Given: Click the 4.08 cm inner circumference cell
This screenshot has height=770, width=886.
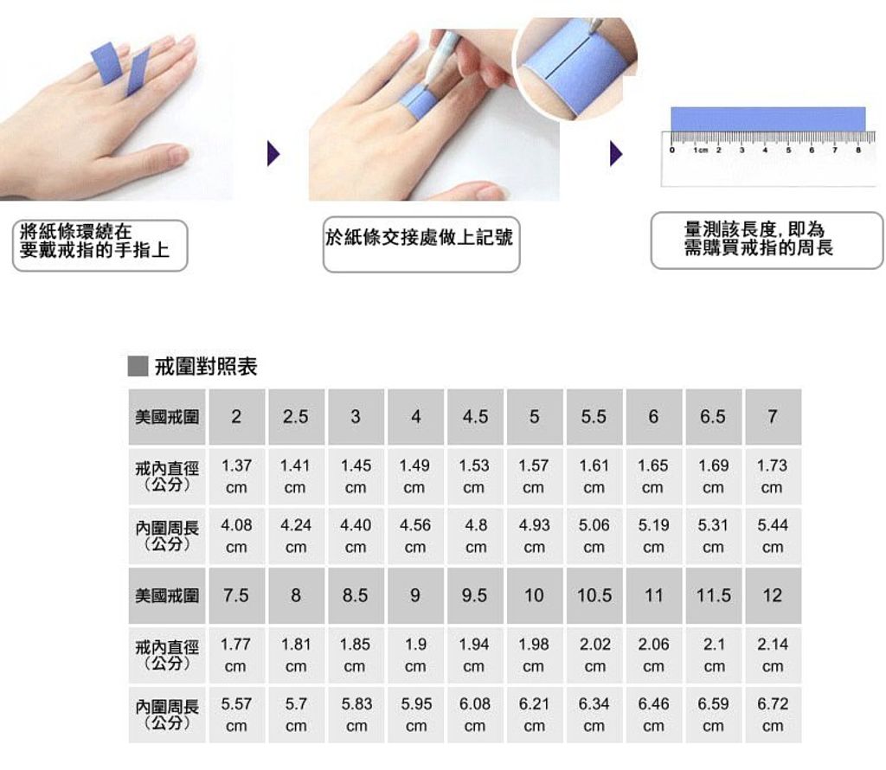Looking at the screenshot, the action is pos(237,536).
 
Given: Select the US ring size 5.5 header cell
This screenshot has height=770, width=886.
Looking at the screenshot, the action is pos(594,417).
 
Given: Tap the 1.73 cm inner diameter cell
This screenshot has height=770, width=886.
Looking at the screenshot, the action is pos(773,476).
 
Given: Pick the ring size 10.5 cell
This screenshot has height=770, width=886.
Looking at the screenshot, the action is pos(594,595).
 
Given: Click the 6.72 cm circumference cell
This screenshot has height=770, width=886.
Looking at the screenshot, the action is pos(773,715).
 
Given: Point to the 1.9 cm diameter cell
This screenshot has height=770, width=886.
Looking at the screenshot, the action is pos(415,655).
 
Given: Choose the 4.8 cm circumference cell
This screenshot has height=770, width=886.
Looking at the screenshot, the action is pos(475,536).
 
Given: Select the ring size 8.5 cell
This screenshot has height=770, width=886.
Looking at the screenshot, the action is pos(356,595).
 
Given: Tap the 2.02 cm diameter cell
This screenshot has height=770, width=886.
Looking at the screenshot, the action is pos(594,655).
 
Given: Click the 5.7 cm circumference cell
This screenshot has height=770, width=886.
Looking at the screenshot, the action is pos(296,715).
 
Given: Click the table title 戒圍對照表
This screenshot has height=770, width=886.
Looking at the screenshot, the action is pos(206,367).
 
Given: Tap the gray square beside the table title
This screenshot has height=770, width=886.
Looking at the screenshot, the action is pos(138,366).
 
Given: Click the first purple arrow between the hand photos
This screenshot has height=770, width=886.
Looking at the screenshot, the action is pos(273,154).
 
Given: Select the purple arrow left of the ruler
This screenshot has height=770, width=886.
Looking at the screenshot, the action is pos(616,154).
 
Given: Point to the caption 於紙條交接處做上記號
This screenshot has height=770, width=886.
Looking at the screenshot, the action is pos(420,238).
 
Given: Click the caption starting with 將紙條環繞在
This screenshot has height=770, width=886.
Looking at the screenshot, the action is pos(94,241).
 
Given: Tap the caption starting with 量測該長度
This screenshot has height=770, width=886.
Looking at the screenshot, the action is pos(758,239).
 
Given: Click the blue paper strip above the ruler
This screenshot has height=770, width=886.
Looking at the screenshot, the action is pos(768,119).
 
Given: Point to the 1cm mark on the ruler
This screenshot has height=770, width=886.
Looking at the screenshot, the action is pos(701,151).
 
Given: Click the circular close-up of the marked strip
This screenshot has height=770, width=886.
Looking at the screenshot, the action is pos(575,67).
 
